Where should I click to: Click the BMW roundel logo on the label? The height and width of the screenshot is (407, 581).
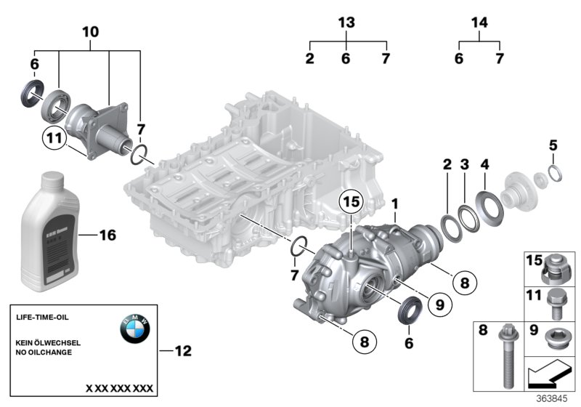(134, 329)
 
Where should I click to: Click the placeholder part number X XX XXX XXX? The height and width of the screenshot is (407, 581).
(119, 388)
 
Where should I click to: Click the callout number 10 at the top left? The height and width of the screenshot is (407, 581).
(90, 32)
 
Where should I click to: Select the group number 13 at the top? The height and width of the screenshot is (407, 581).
(347, 23)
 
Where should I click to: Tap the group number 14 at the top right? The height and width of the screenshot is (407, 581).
(479, 23)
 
